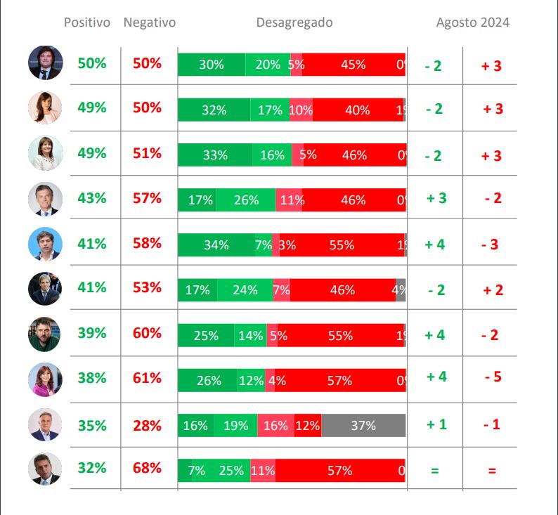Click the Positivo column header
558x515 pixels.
(87, 22)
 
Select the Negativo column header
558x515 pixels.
(149, 22)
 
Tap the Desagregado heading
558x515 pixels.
(294, 22)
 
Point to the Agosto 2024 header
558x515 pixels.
(472, 22)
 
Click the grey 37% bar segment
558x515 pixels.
(363, 425)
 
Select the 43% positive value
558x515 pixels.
(92, 199)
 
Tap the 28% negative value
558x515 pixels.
(147, 426)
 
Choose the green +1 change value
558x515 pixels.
(436, 425)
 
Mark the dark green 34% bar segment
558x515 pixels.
(216, 245)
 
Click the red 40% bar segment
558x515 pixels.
(357, 110)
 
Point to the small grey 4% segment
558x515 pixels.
(401, 289)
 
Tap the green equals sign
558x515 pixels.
(434, 471)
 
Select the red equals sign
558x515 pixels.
(491, 471)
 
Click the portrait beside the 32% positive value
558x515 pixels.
(46, 469)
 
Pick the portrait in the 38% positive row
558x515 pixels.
(46, 379)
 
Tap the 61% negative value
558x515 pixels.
(147, 378)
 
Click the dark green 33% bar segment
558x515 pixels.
(214, 155)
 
